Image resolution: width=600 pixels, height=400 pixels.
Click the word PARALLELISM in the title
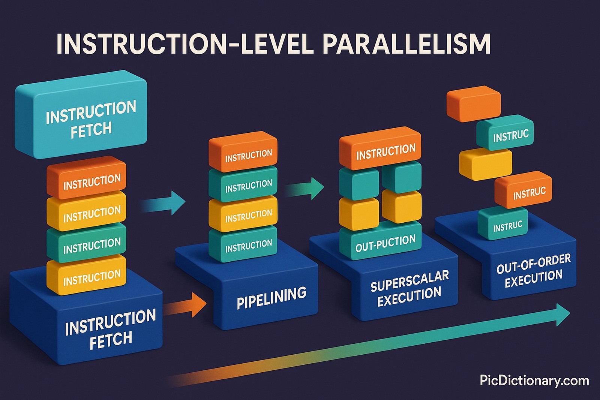(406, 44)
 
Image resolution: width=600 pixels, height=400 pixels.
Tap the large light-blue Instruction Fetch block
(81, 114)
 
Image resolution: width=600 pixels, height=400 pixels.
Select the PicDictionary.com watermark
(534, 381)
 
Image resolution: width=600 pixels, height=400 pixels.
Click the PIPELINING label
(271, 298)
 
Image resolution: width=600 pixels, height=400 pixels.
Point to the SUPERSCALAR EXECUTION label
(409, 288)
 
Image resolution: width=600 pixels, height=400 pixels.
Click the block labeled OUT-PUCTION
(385, 243)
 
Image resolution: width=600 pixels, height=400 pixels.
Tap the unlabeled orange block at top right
(474, 103)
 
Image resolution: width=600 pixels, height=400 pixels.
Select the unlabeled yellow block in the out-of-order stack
(485, 163)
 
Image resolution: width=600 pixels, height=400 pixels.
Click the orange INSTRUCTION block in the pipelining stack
(243, 154)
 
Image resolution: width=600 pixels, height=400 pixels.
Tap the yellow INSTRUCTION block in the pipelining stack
(243, 214)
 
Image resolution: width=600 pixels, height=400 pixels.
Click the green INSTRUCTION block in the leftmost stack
(86, 243)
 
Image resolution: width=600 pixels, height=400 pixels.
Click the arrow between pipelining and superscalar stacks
(306, 189)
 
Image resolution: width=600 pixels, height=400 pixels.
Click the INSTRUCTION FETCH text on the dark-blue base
(110, 329)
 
